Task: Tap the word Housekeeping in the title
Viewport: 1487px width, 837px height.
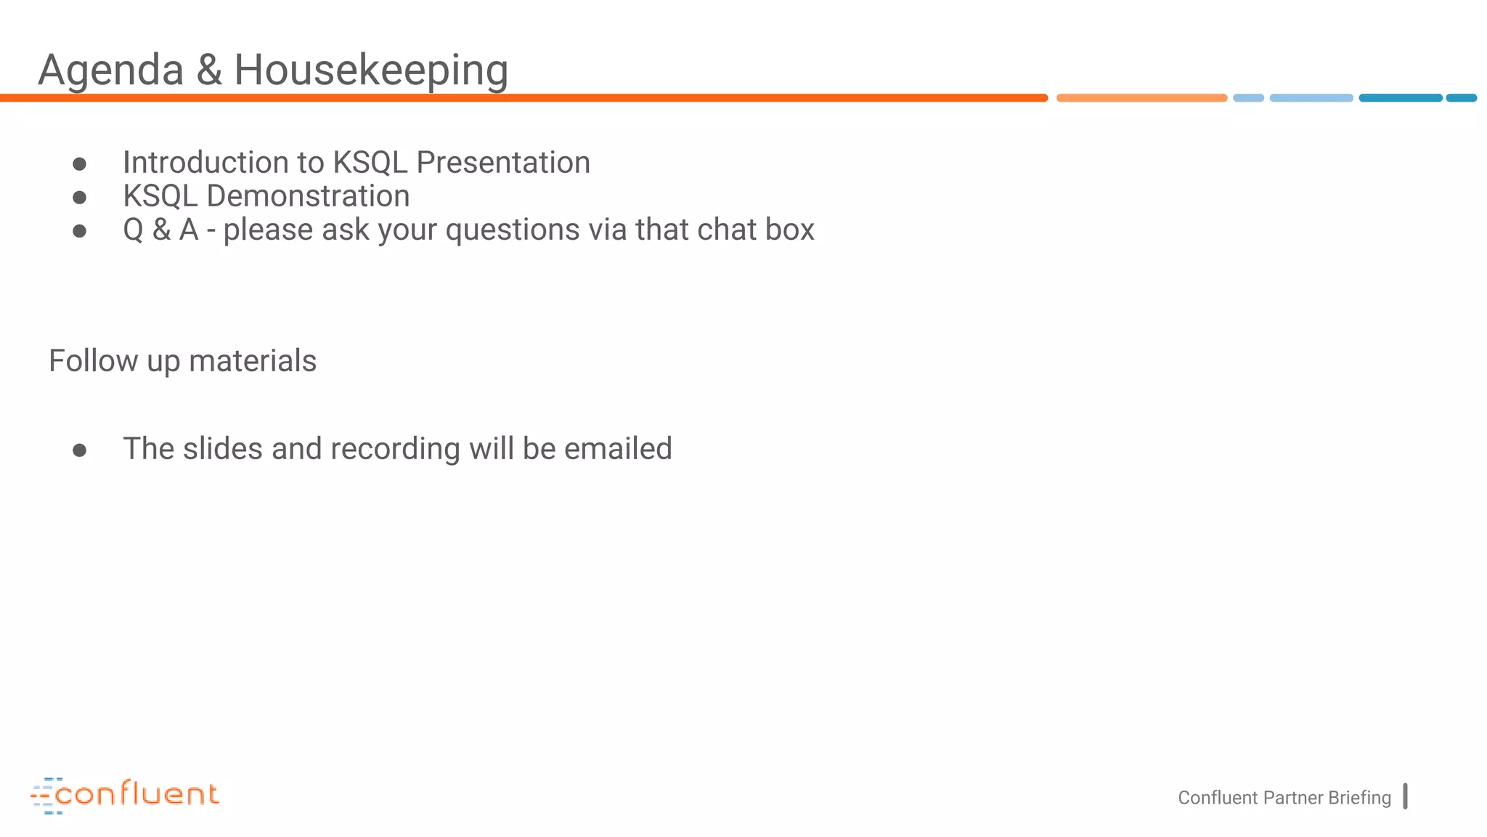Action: (x=370, y=71)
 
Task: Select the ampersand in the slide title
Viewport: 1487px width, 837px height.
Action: (x=208, y=70)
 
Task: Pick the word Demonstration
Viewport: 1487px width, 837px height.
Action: (x=308, y=196)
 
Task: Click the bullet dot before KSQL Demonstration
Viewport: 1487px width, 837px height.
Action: (x=80, y=198)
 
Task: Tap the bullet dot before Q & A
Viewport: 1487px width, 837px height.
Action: (x=80, y=231)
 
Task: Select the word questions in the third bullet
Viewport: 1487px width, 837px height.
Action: (x=512, y=230)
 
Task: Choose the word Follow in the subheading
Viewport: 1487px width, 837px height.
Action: (x=93, y=361)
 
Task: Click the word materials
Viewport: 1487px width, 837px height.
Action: (x=253, y=361)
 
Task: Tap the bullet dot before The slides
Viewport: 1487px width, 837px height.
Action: (x=80, y=450)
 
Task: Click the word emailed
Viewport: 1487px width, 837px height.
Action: (x=618, y=449)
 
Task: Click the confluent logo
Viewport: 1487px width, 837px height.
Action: (x=125, y=795)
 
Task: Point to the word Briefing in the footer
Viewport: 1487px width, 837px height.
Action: (x=1359, y=798)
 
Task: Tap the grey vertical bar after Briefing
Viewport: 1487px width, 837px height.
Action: (x=1405, y=796)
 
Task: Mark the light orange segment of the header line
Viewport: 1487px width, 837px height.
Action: (x=1141, y=98)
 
